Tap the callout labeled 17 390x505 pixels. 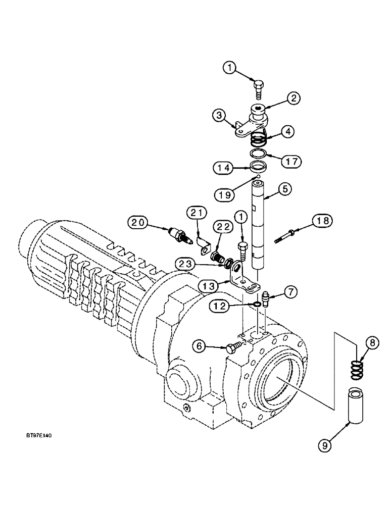point(291,161)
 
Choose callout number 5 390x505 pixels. point(286,190)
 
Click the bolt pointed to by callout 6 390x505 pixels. point(233,347)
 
